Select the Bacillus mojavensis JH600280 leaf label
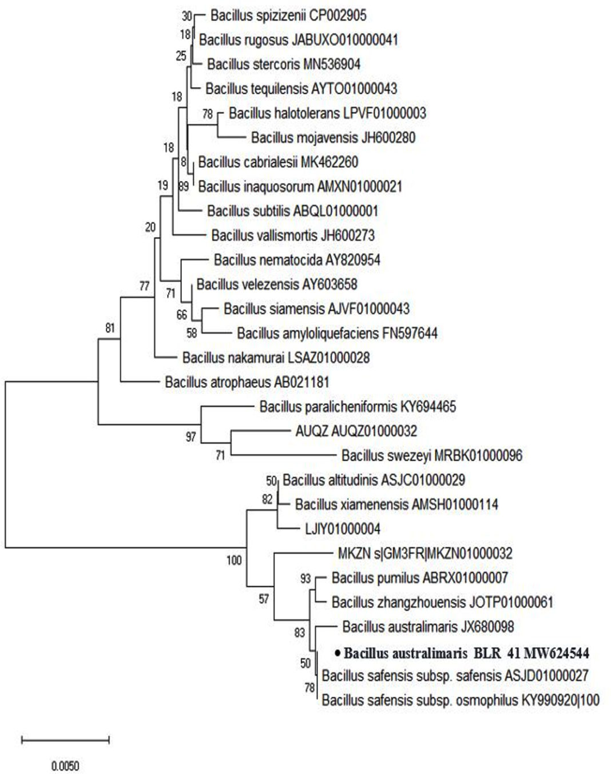(333, 137)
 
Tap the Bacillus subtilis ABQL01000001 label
(292, 211)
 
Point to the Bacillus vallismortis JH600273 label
(293, 235)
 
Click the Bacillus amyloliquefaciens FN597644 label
(337, 333)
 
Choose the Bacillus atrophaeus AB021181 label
(247, 382)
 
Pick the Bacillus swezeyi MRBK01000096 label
(431, 456)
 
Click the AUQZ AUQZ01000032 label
(356, 431)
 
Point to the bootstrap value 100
(234, 560)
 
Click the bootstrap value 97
(191, 437)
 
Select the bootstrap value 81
(110, 329)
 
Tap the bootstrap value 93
(305, 579)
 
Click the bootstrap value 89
(183, 186)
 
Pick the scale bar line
(65, 740)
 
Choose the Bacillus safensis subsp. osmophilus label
(461, 700)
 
